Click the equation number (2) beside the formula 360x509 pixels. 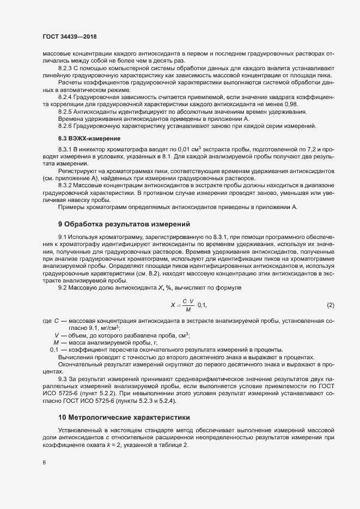click(330, 304)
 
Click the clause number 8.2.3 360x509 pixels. click(66, 68)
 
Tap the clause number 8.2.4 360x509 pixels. click(66, 96)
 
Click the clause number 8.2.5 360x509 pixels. click(66, 111)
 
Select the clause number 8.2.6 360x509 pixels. click(66, 126)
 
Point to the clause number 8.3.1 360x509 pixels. click(66, 149)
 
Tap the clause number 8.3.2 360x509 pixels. click(66, 186)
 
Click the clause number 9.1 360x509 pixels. click(62, 237)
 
